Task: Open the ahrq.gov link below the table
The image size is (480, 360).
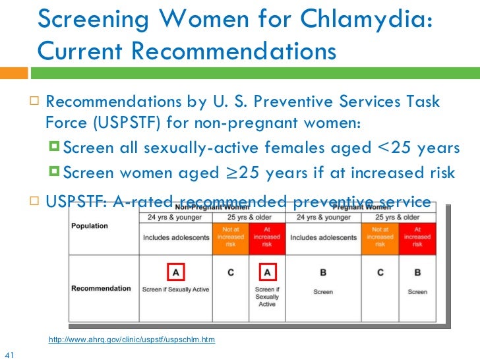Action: coord(132,340)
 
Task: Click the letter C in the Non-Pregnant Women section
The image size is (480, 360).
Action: coord(229,272)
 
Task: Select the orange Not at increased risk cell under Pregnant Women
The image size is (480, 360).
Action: coord(380,237)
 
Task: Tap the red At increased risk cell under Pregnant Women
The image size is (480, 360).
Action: coord(417,237)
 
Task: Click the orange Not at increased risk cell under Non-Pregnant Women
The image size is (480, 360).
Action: coord(229,237)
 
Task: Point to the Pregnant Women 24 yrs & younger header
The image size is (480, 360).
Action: coord(324,217)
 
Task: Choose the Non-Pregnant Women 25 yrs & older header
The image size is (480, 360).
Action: coord(249,217)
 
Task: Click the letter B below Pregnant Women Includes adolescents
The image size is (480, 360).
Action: coord(324,272)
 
